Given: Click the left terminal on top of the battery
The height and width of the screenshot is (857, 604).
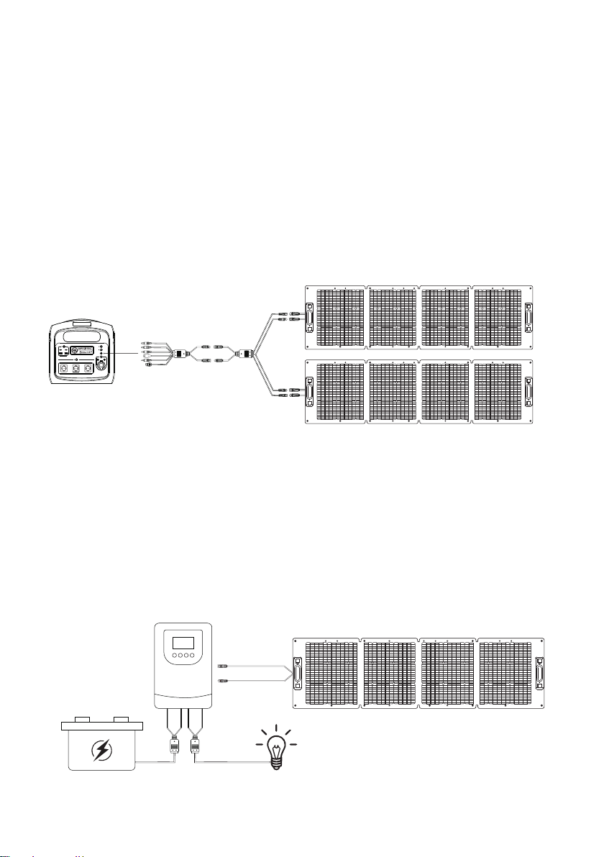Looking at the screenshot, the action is tap(82, 718).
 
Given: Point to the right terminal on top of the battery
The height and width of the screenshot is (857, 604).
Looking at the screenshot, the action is tap(121, 718).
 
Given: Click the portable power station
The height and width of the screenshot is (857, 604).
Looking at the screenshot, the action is tap(79, 353).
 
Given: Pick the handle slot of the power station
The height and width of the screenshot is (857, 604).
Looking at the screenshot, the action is tap(79, 336).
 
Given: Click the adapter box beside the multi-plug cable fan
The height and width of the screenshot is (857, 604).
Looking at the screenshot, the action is tap(183, 353).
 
